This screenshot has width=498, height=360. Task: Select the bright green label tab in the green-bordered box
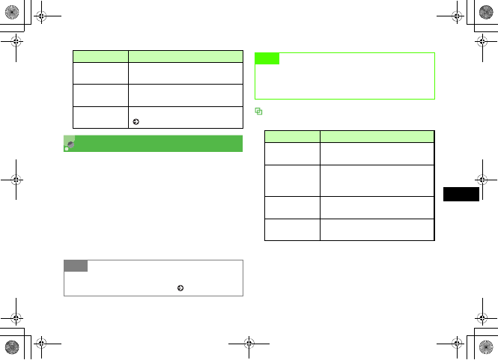tap(267, 58)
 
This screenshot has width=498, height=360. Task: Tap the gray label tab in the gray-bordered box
tap(76, 266)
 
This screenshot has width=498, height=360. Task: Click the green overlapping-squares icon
tap(258, 111)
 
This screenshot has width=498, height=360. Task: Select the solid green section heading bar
tap(154, 143)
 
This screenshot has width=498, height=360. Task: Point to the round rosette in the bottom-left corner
tap(12, 347)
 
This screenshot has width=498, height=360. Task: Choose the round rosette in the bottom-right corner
tap(486, 347)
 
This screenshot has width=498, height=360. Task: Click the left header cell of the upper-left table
tap(100, 55)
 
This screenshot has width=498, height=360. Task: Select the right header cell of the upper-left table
tap(186, 55)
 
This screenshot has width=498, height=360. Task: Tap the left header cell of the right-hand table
tap(293, 137)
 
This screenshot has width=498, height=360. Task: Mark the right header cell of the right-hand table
tap(377, 137)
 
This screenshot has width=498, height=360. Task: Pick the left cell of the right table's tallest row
tap(293, 180)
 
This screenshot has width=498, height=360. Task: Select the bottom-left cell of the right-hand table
tap(293, 228)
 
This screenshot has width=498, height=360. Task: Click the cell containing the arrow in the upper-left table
tap(186, 116)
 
